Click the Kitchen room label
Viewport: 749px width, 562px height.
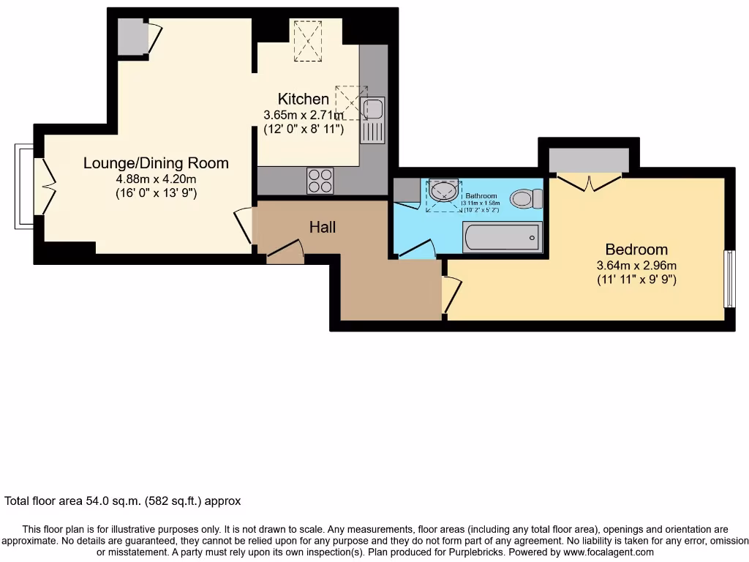pos(303,99)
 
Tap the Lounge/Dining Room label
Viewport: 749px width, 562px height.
pos(156,163)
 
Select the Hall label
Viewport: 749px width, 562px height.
pos(322,228)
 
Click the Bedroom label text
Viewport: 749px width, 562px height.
pos(636,249)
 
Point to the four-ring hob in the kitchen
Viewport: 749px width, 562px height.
pos(320,180)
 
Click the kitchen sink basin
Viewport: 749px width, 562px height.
pos(372,108)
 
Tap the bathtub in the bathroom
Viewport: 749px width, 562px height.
pos(502,237)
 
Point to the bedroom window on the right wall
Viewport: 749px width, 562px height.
pos(729,279)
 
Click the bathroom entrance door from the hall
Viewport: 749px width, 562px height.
pos(416,251)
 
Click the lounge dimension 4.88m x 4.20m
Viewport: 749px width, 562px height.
pos(156,179)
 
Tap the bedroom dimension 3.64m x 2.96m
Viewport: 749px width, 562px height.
pos(636,265)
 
